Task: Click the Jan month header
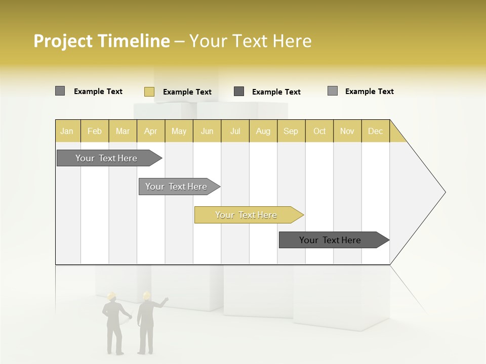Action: point(67,131)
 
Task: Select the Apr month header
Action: point(151,131)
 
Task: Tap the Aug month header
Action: point(263,131)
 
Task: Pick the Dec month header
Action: point(375,131)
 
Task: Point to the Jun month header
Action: point(207,131)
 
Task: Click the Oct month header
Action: point(319,131)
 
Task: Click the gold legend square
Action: point(149,92)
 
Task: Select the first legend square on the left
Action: point(60,91)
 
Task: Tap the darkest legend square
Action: point(239,92)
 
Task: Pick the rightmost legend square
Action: point(333,91)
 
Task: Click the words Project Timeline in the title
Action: point(101,41)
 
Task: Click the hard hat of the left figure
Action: point(112,295)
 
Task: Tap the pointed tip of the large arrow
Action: point(444,192)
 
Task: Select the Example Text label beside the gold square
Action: point(187,92)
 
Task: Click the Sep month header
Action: point(291,131)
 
